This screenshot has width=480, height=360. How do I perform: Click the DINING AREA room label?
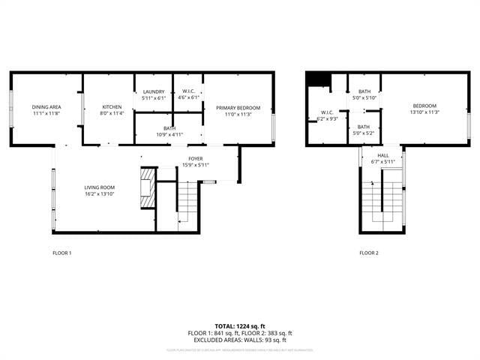point(46,107)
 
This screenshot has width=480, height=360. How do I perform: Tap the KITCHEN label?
point(112,107)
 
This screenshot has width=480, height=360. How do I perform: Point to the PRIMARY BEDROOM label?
point(238,108)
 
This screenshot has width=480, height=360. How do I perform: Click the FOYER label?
point(196,159)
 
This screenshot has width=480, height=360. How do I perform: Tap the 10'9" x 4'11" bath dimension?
point(169,134)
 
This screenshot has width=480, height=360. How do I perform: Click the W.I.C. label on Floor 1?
point(187,91)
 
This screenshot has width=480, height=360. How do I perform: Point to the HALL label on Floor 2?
point(382,155)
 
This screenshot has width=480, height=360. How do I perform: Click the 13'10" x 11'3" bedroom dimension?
point(424,112)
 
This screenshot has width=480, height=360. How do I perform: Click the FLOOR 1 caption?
point(62,253)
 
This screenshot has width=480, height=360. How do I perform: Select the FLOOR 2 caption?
point(368,253)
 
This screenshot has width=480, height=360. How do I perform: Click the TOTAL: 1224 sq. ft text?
point(239,326)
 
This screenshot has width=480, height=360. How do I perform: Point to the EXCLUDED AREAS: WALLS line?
point(239,340)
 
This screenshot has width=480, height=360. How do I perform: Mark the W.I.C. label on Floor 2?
point(327,112)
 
